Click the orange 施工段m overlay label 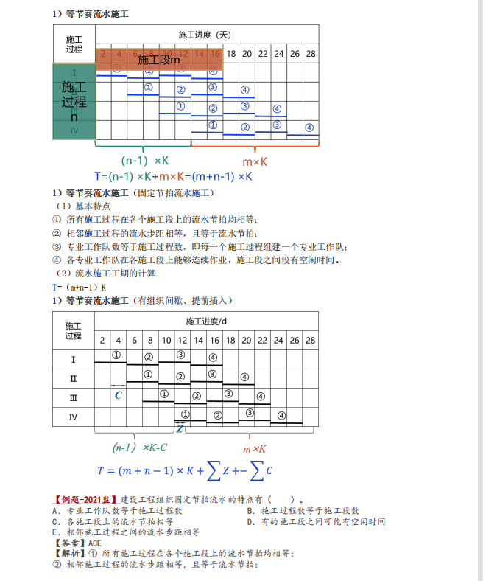[158, 60]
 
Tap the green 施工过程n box [74, 102]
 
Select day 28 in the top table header [310, 54]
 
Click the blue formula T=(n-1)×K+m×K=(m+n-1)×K [174, 176]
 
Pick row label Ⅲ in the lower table [73, 397]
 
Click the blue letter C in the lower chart [119, 395]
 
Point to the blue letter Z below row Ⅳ [179, 428]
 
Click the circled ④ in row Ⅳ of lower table [281, 415]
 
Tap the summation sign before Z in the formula [213, 470]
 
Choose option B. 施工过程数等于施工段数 [303, 511]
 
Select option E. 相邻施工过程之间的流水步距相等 [126, 532]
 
